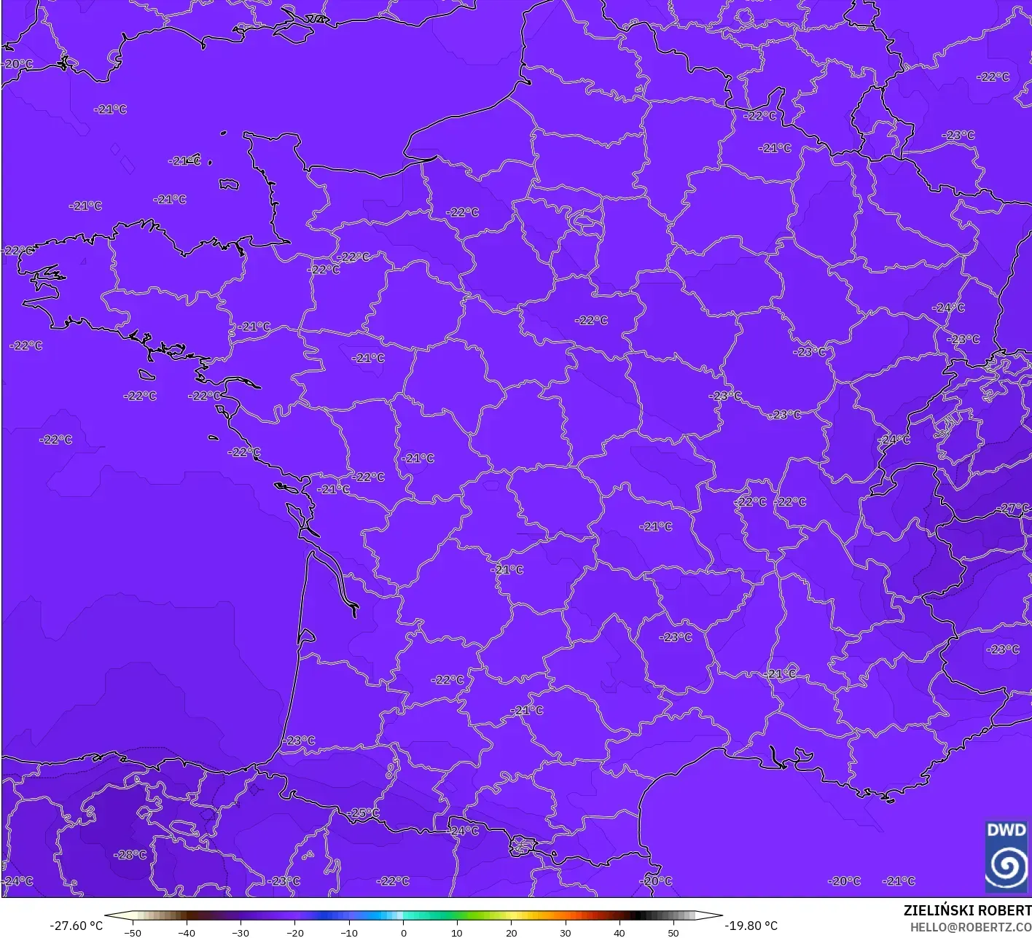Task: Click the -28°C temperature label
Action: pos(131,855)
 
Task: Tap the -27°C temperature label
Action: pos(1015,508)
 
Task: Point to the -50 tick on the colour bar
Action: pos(133,932)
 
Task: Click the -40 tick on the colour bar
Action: pos(187,932)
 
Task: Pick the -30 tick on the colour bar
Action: pos(241,932)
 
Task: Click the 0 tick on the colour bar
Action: pos(403,932)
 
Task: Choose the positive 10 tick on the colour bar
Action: pos(457,932)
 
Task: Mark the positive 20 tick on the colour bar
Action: pos(511,932)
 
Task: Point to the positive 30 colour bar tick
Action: pos(565,932)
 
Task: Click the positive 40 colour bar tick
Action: pos(619,932)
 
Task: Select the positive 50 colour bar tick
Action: pos(673,932)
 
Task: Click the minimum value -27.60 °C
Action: pos(76,926)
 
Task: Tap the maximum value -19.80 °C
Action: pos(751,926)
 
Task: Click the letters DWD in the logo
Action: pos(1006,830)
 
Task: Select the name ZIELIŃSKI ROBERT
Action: pos(967,910)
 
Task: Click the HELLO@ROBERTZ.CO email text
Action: pos(970,926)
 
